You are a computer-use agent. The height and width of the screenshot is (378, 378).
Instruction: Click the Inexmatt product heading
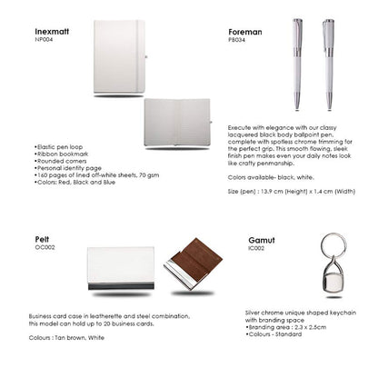pos(53,30)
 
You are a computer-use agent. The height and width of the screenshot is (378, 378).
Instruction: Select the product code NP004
pos(45,39)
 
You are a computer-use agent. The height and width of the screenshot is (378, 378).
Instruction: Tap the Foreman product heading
pos(244,30)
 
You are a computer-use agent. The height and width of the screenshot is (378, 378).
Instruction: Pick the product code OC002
pos(45,246)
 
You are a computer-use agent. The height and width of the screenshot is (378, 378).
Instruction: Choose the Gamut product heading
pos(262,240)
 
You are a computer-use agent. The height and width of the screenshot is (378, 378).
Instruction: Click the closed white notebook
pos(115,56)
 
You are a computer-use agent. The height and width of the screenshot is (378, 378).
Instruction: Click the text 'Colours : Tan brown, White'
pos(67,335)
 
